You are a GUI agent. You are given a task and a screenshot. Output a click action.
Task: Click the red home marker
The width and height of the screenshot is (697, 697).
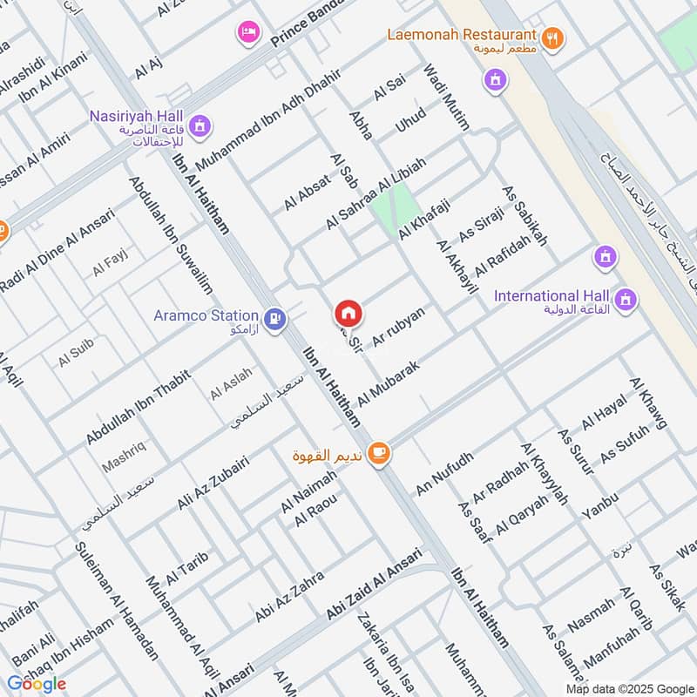pos(348,312)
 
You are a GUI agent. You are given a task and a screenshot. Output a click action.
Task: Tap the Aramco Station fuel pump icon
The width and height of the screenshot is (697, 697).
pos(276,320)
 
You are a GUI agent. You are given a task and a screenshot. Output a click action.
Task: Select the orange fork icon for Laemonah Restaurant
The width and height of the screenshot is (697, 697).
pos(552,37)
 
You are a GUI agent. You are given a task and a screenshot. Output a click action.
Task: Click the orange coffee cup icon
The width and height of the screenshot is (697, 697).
pos(378,452)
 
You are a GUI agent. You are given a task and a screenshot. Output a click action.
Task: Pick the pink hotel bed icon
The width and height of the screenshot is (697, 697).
pos(248,33)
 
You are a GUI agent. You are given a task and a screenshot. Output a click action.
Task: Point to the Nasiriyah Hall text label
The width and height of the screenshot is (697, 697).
pos(136,116)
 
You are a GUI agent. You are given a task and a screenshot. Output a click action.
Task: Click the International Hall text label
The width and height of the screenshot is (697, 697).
pos(549,296)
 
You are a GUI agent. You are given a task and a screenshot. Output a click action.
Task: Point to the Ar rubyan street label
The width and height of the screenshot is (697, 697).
pos(398,328)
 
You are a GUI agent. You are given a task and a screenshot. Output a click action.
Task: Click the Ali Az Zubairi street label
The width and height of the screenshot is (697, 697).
pos(213,484)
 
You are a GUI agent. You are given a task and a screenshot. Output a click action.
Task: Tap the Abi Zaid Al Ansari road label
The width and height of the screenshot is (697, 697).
pos(373,585)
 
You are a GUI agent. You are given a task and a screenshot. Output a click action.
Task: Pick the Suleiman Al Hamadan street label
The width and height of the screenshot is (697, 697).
pos(117,600)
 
